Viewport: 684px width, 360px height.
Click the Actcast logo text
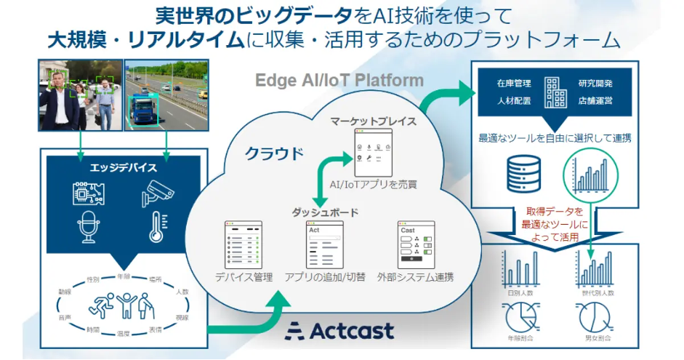[x=342, y=331]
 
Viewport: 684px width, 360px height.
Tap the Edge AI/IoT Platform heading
[x=339, y=80]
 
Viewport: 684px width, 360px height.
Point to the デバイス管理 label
[x=244, y=277]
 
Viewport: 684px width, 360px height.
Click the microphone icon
[x=86, y=228]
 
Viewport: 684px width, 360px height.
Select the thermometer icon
[x=157, y=228]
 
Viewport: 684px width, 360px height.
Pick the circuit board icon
[x=87, y=193]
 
